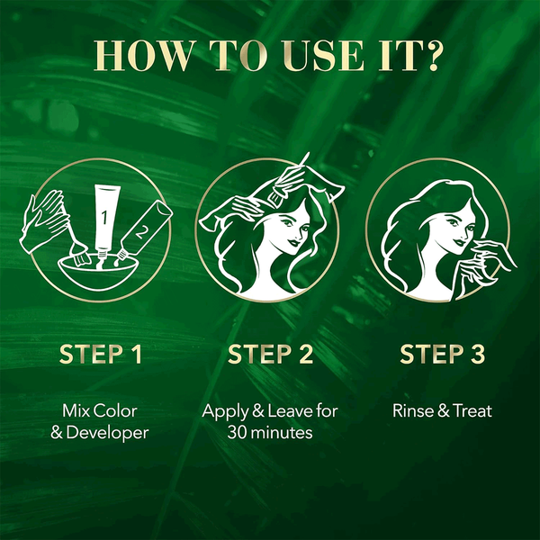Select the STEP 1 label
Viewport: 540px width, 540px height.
101,354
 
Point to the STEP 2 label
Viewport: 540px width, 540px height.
270,354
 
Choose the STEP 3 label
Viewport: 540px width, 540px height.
443,354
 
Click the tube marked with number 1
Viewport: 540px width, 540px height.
106,221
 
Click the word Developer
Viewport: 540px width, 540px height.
107,433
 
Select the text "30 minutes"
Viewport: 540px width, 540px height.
270,433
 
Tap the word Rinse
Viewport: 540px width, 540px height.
413,411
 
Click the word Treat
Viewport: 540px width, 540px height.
472,411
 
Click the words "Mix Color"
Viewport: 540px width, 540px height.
100,411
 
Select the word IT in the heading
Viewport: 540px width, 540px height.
395,56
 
